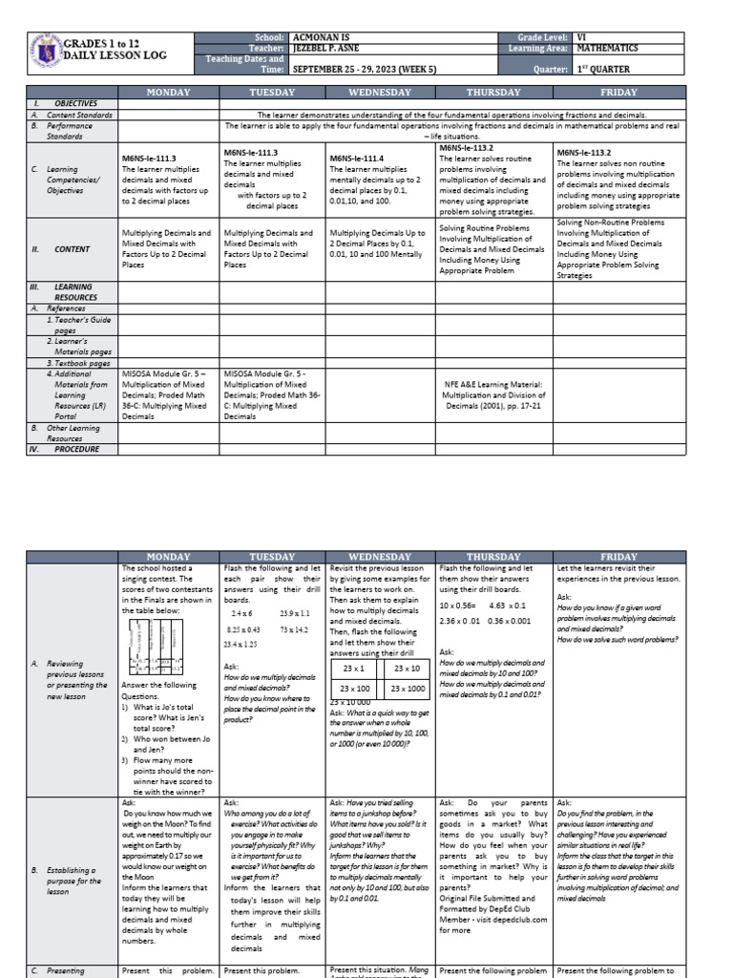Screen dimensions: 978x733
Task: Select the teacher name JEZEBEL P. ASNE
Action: click(334, 48)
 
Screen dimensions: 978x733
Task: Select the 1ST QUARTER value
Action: click(602, 70)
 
